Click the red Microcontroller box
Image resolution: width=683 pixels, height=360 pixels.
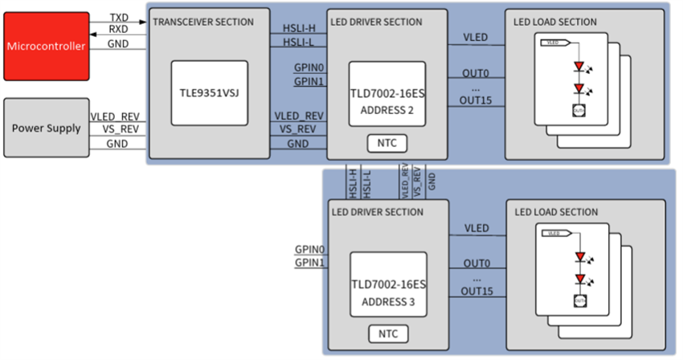pyautogui.click(x=46, y=46)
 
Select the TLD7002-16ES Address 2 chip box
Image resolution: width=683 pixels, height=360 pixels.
pyautogui.click(x=386, y=93)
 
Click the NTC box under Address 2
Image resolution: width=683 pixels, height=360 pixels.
pyautogui.click(x=386, y=144)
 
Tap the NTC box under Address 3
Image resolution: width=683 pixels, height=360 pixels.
pyautogui.click(x=386, y=333)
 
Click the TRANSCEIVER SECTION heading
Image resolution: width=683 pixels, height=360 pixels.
pyautogui.click(x=202, y=22)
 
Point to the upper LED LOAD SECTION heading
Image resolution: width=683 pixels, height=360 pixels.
pyautogui.click(x=554, y=22)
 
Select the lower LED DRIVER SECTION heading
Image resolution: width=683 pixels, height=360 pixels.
pyautogui.click(x=377, y=212)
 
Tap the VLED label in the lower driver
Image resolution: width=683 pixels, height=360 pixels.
pyautogui.click(x=476, y=228)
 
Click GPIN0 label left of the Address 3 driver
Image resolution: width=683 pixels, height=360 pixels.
pyautogui.click(x=310, y=250)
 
